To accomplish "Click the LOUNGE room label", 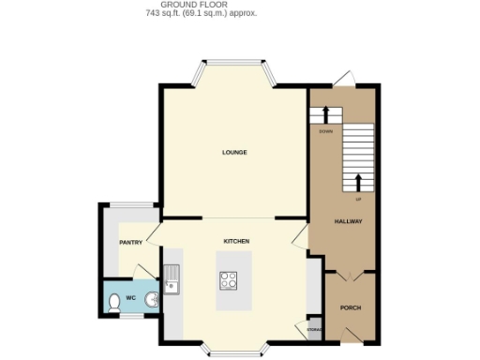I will point(234,152).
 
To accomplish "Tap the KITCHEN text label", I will point(235,241).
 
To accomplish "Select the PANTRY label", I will point(130,243).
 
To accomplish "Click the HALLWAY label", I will point(349,221).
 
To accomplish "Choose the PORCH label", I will point(350,307).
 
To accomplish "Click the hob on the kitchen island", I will point(228,279).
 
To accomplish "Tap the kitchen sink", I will point(172,278).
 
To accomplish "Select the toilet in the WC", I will point(114,302).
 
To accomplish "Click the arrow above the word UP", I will point(357,182).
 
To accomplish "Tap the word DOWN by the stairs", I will point(326,132).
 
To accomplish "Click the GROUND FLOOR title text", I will point(202,6).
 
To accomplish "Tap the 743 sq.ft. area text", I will point(202,14).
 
